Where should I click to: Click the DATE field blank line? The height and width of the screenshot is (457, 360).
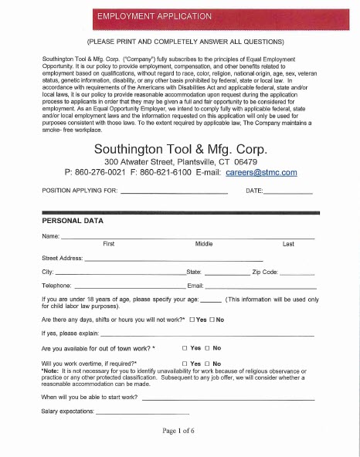point(289,191)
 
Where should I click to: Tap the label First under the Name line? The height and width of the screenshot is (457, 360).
point(109,243)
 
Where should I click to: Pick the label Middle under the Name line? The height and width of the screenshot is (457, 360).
point(204,243)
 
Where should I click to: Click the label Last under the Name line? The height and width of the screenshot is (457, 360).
point(288,243)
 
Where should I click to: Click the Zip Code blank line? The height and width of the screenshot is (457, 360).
point(296,273)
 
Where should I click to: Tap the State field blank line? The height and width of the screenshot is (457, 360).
point(227,273)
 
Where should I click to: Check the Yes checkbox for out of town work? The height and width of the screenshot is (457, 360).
point(184,349)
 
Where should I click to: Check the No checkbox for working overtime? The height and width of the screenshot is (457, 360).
point(207,364)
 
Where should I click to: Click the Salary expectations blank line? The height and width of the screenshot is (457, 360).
point(142,413)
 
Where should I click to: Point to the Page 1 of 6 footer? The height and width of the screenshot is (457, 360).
point(180,431)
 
